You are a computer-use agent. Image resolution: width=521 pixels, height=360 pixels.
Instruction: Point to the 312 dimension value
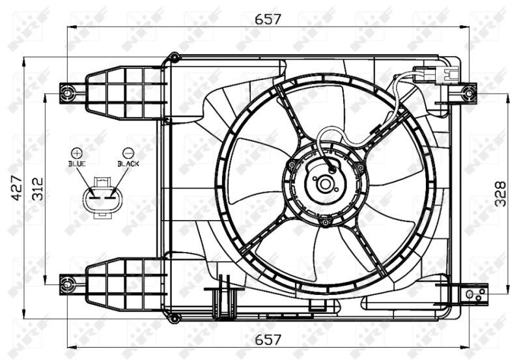38,189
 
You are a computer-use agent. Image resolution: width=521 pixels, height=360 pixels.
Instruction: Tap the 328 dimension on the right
500,193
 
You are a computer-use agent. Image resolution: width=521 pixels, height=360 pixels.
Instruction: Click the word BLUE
77,164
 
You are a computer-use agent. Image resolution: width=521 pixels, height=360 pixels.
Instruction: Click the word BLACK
128,164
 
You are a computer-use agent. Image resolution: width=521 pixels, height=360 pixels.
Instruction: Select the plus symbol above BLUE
77,154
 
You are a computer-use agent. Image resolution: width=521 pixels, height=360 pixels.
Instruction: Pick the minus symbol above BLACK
128,154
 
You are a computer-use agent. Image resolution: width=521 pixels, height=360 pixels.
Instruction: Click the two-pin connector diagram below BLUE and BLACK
103,195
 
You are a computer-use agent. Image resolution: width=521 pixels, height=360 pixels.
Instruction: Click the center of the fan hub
325,184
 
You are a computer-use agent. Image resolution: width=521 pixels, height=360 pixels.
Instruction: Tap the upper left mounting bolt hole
68,93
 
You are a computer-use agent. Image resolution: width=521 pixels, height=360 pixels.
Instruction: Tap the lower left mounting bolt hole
68,284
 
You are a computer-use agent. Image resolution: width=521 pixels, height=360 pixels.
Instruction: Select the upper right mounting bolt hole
468,93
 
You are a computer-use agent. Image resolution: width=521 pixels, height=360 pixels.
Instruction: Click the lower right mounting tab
473,294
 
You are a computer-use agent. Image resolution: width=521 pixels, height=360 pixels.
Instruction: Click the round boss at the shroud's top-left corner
174,57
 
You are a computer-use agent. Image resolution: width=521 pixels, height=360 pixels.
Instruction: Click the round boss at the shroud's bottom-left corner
173,318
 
